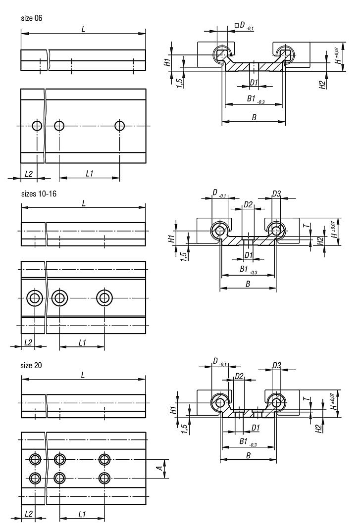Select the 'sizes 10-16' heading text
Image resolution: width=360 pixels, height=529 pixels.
tap(39, 193)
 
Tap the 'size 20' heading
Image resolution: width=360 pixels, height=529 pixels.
tap(31, 365)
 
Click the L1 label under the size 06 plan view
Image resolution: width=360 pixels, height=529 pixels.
tap(90, 173)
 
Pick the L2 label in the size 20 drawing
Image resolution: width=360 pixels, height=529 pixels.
tap(28, 514)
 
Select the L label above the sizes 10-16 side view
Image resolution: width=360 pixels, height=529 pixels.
tap(83, 203)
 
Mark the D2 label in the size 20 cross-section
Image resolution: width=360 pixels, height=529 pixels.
tap(239, 376)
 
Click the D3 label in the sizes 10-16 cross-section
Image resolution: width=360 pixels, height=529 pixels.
tap(276, 193)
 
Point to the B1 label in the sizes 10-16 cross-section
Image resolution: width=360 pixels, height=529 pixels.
tap(244, 269)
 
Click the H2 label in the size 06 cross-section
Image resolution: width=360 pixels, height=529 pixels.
tap(322, 84)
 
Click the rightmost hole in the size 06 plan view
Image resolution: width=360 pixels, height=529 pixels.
tap(119, 126)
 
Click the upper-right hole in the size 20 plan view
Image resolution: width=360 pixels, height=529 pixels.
tap(104, 459)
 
